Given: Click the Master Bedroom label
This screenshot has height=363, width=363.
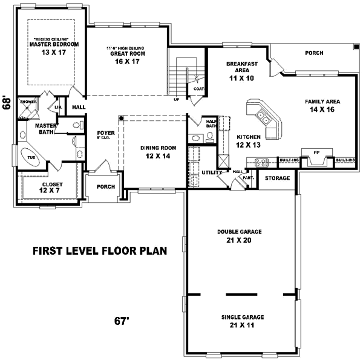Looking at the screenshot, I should point(54,44).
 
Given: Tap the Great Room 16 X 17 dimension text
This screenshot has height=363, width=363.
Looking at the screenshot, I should point(127,62).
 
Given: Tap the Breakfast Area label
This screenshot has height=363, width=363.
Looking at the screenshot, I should point(242,68).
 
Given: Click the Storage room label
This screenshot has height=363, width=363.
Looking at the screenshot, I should point(278,178).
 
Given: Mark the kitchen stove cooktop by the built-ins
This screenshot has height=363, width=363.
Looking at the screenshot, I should point(261,162).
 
